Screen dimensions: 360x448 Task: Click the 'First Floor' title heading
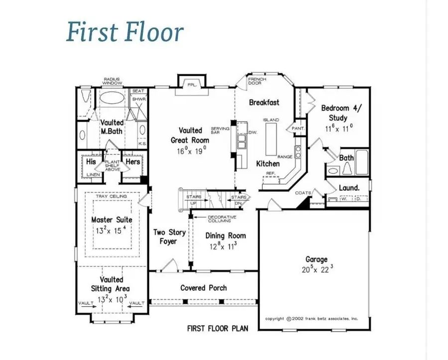click(x=125, y=32)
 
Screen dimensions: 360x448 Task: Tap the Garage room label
click(x=316, y=259)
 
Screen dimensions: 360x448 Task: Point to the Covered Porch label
click(x=204, y=288)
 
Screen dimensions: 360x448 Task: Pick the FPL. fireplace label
click(x=192, y=85)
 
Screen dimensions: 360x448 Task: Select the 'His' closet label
click(x=91, y=162)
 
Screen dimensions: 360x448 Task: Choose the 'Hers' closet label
click(x=132, y=162)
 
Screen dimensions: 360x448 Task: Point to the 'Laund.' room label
click(x=349, y=188)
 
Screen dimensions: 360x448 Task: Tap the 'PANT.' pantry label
click(x=299, y=128)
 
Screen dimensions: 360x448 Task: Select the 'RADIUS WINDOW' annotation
click(x=112, y=81)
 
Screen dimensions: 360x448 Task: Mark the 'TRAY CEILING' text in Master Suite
click(x=112, y=196)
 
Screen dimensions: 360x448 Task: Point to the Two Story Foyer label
click(x=169, y=237)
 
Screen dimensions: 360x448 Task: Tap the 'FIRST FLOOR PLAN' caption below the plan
click(x=218, y=328)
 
